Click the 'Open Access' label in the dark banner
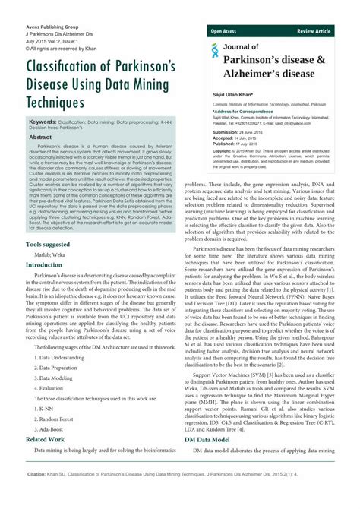click(x=224, y=31)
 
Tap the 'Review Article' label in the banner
click(x=314, y=31)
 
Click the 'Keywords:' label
click(x=43, y=122)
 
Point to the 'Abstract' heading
click(x=40, y=137)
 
